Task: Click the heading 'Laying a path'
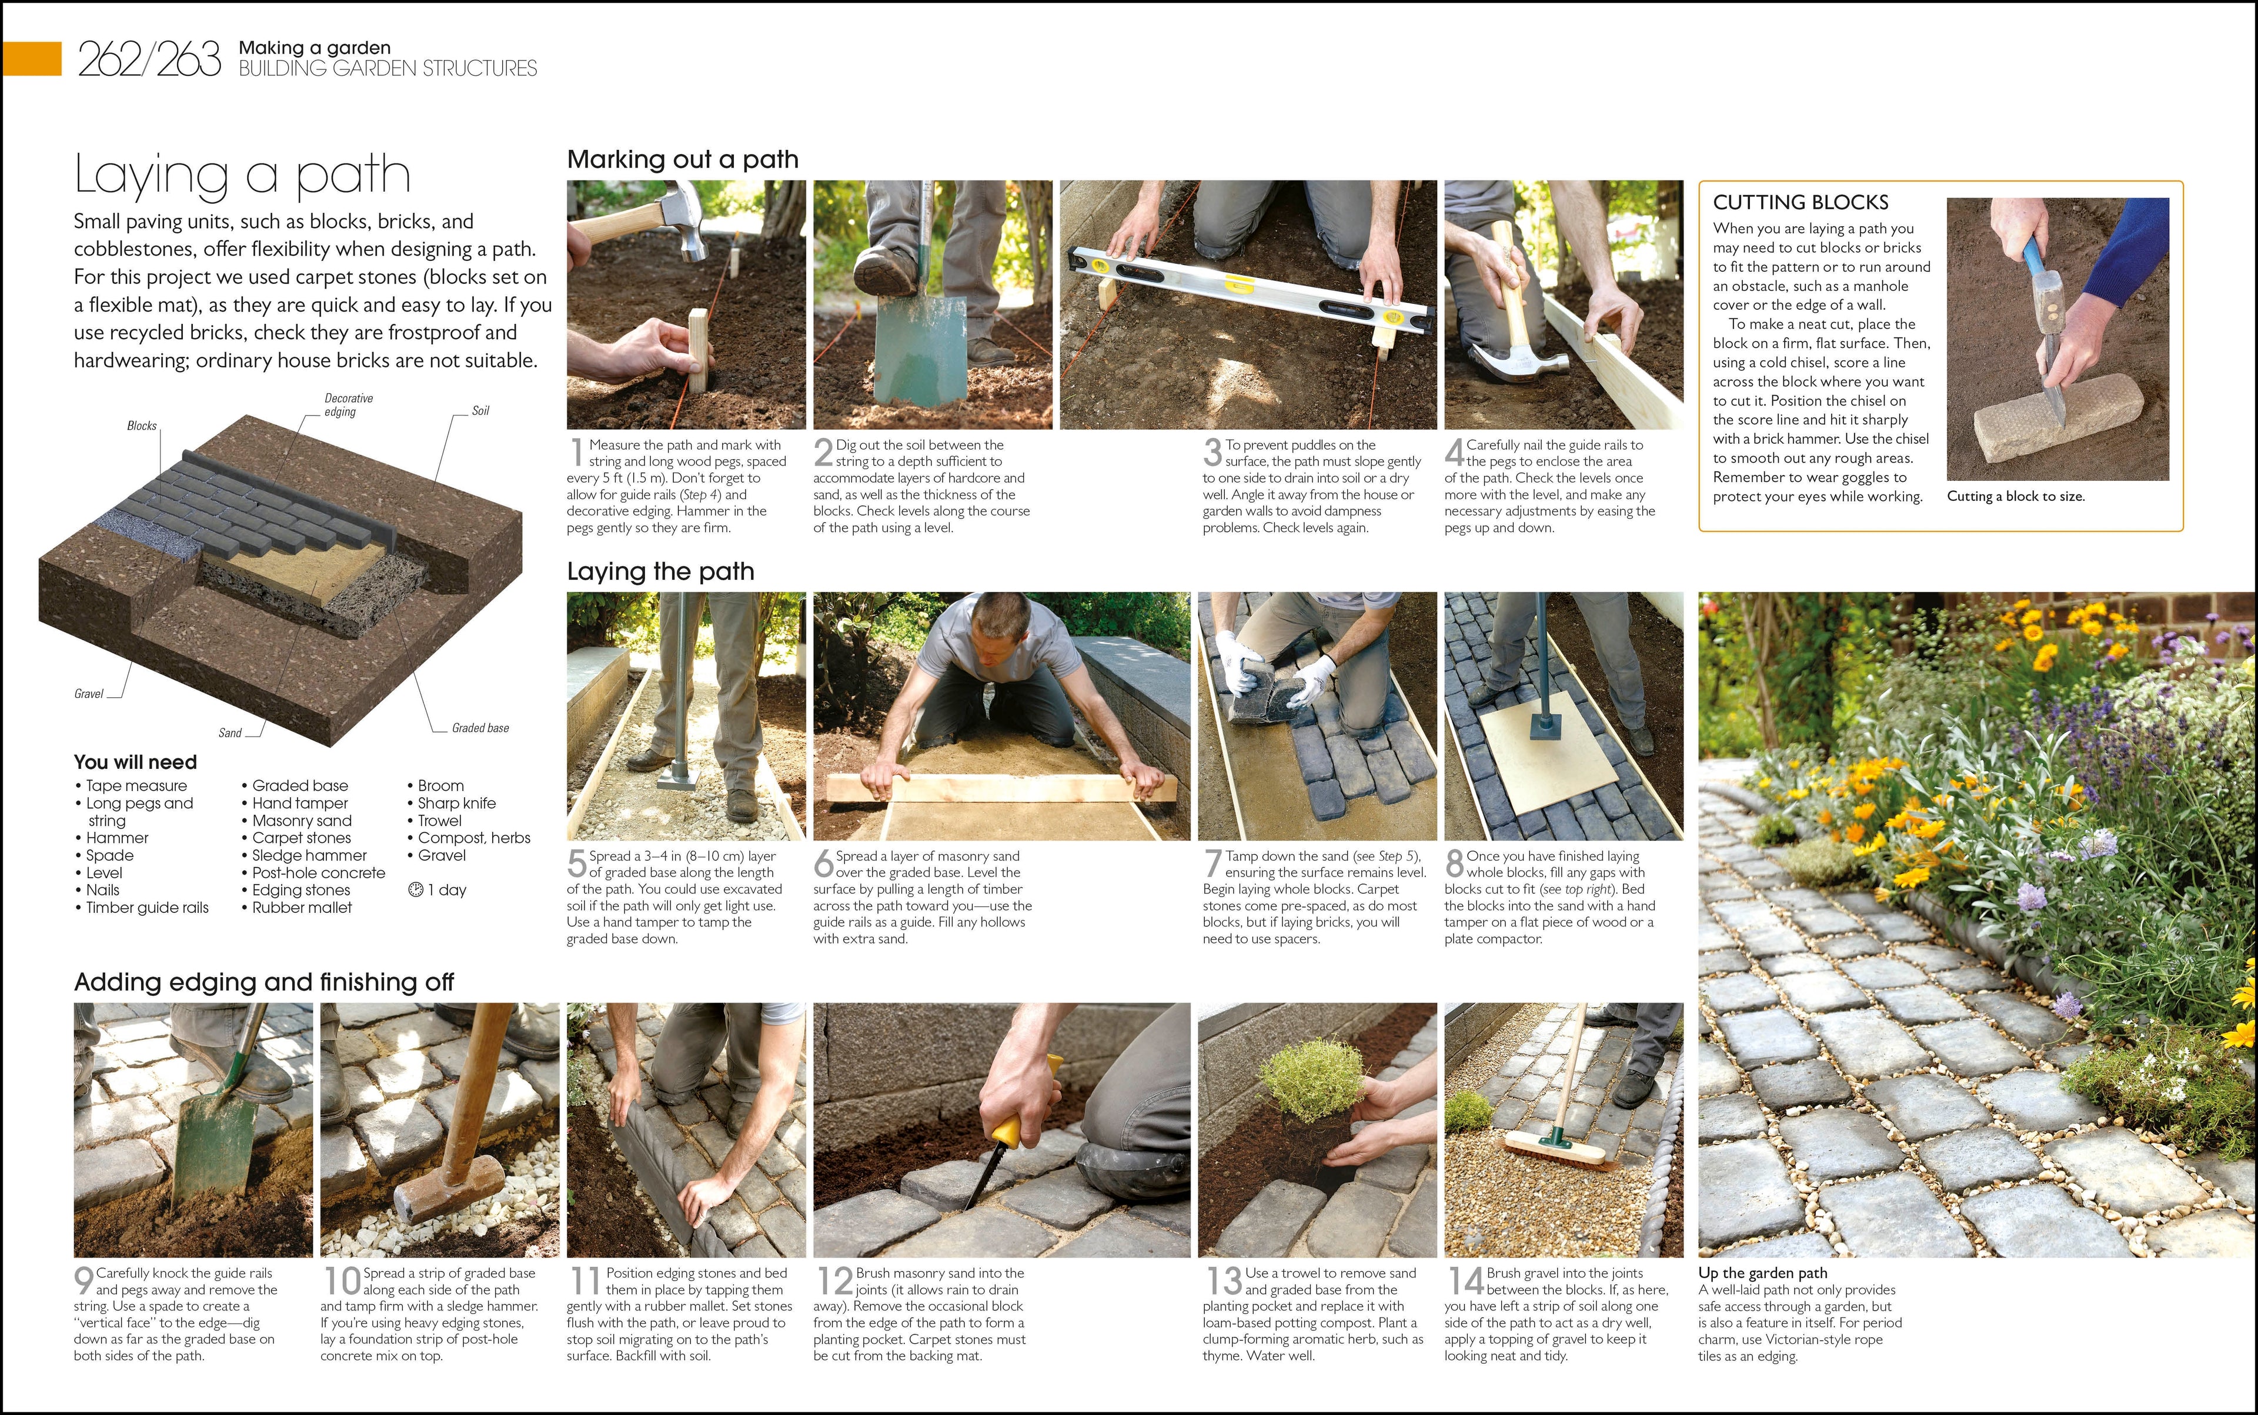(x=242, y=175)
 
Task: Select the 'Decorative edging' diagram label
(x=348, y=405)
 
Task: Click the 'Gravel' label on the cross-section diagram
(x=88, y=694)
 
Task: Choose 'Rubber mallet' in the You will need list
(x=302, y=907)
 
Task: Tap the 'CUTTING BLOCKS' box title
(x=1800, y=202)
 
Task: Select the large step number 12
(x=834, y=1281)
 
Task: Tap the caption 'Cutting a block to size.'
(x=2016, y=497)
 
